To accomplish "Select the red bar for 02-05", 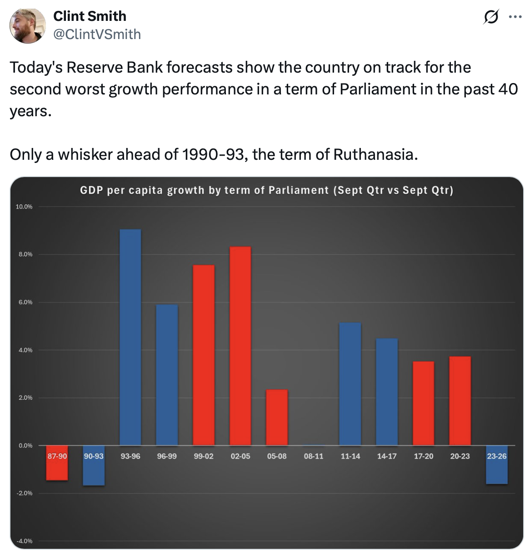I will tap(240, 345).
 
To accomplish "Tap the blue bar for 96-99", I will tap(167, 375).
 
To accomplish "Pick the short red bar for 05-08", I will tap(277, 417).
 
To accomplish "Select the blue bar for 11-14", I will tap(350, 384).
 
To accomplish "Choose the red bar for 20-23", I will tap(460, 400).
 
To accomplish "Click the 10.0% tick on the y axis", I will tap(24, 207).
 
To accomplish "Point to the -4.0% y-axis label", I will tap(24, 541).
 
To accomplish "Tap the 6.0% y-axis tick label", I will tap(25, 302).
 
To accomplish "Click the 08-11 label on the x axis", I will tap(314, 456).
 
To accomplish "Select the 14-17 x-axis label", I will tap(387, 456).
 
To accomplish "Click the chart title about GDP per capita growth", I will tap(266, 190).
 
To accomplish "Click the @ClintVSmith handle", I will tap(97, 34).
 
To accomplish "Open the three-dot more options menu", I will tap(515, 17).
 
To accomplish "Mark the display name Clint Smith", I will tap(90, 16).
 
